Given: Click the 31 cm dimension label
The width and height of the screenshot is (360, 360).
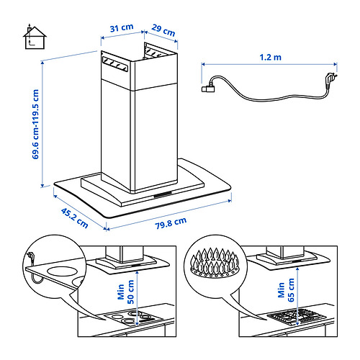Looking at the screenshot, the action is [x=122, y=28].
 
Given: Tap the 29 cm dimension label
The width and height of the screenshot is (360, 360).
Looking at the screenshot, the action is [x=163, y=30].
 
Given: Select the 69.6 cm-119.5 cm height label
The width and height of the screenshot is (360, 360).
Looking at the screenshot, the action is [x=35, y=124].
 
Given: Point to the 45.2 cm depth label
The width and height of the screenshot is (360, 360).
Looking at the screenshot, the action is [x=74, y=218].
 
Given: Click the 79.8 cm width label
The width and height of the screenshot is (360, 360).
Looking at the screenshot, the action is [x=171, y=223].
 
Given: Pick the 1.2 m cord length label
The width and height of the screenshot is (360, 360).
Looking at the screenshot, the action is [x=270, y=57].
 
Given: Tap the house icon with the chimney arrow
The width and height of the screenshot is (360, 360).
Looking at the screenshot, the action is [x=35, y=37].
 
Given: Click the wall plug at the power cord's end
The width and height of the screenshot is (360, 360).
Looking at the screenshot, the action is [x=330, y=78].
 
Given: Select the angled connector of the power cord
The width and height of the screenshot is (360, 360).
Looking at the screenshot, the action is [x=208, y=88].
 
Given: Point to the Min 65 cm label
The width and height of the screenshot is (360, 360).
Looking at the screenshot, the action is [x=286, y=290].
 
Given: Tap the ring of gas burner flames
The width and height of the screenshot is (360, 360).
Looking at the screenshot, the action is [x=215, y=263].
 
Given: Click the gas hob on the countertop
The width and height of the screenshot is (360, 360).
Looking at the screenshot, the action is [x=297, y=317].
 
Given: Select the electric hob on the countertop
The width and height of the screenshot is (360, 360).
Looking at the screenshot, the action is [x=134, y=318].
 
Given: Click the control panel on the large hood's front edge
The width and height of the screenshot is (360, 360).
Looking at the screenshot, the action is [x=163, y=194].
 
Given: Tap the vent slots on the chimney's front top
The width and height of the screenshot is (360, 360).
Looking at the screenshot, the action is [x=115, y=64].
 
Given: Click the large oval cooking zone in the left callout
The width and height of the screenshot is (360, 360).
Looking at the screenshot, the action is [x=62, y=271].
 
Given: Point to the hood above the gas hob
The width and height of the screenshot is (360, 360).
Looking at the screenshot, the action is [x=288, y=258].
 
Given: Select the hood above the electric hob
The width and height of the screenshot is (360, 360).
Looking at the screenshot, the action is [x=127, y=260].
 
